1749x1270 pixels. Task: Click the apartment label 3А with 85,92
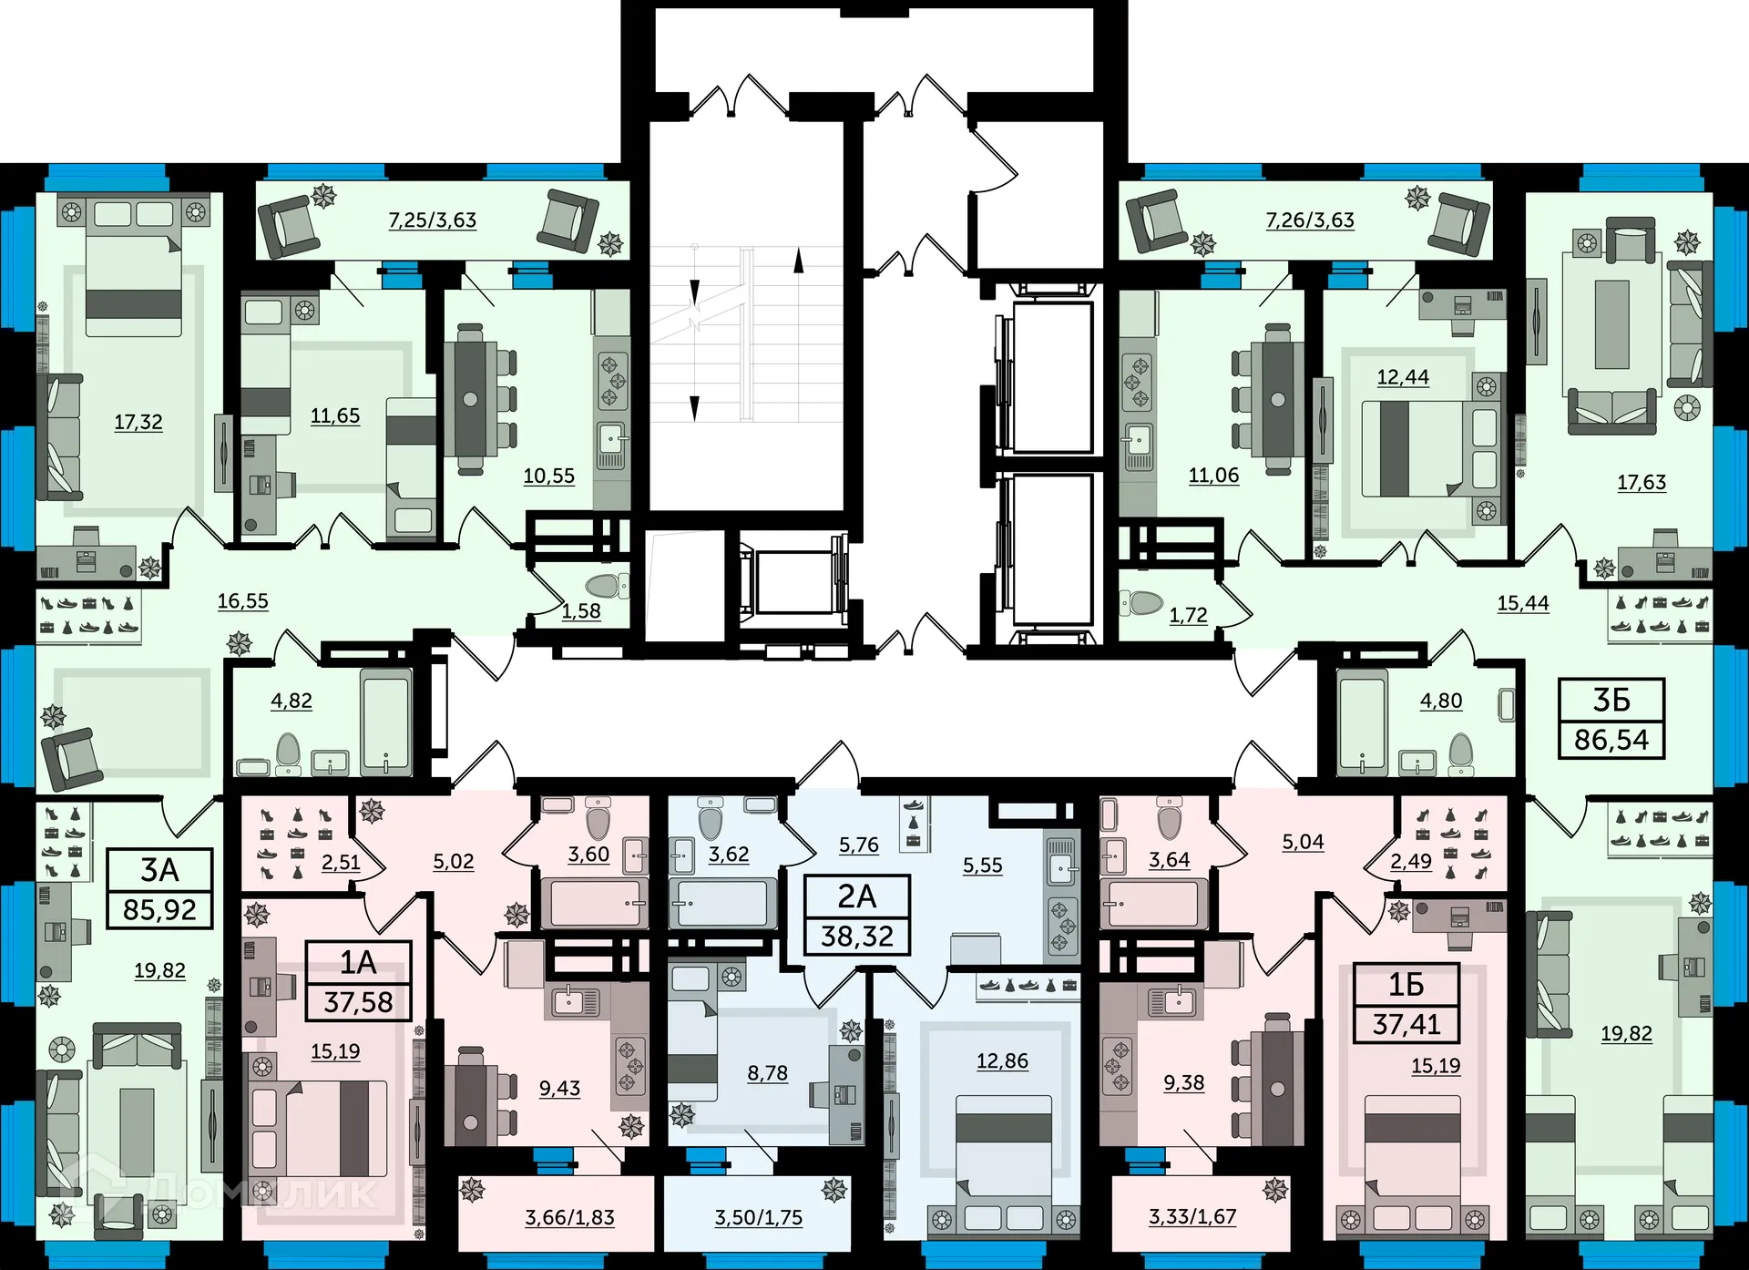(x=159, y=889)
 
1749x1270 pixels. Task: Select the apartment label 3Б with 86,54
(x=1611, y=719)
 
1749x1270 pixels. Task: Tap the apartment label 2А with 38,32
(x=857, y=916)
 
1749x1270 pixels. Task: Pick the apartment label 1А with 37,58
(x=358, y=981)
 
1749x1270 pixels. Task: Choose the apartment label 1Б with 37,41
(x=1406, y=1003)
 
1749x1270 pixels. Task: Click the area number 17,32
(x=138, y=422)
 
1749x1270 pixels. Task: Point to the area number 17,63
(x=1642, y=482)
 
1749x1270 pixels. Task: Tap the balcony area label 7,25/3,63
(x=433, y=220)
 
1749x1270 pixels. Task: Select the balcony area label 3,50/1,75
(x=759, y=1217)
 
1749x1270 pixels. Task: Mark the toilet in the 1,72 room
(x=1141, y=602)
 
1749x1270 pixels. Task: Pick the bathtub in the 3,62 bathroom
(x=721, y=903)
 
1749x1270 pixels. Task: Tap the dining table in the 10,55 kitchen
(x=471, y=398)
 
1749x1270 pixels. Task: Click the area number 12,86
(x=1002, y=1060)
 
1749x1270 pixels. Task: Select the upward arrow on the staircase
(x=799, y=261)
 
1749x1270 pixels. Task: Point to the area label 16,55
(x=243, y=600)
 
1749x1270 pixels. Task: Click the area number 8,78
(x=768, y=1073)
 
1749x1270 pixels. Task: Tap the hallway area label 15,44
(x=1523, y=602)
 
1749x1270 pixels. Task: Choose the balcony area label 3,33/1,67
(x=1192, y=1216)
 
